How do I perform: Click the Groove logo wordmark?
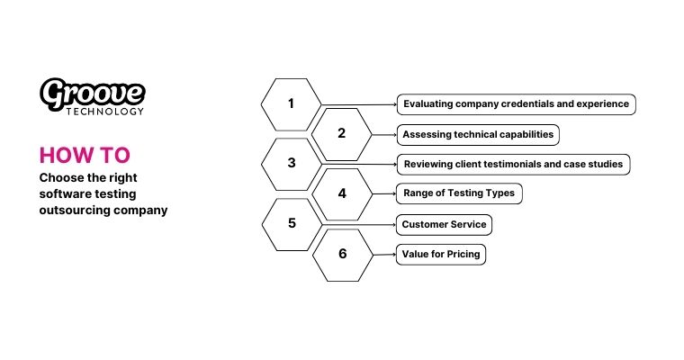coord(93,92)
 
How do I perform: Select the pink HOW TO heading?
coord(77,155)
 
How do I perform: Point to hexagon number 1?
coord(291,103)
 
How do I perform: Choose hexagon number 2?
coord(341,134)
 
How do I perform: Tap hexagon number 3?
coord(291,164)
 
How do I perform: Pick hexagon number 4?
coord(341,193)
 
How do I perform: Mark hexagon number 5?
coord(291,223)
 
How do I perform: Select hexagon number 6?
coord(342,254)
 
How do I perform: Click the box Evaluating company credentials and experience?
coord(516,103)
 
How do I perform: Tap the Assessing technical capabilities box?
coord(478,134)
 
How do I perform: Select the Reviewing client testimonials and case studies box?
coord(512,164)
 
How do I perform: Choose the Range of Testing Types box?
coord(459,193)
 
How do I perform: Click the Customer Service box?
coord(445,224)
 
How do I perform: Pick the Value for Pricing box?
coord(441,255)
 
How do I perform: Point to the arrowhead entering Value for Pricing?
coord(394,255)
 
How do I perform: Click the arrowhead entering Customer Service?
coord(394,224)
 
